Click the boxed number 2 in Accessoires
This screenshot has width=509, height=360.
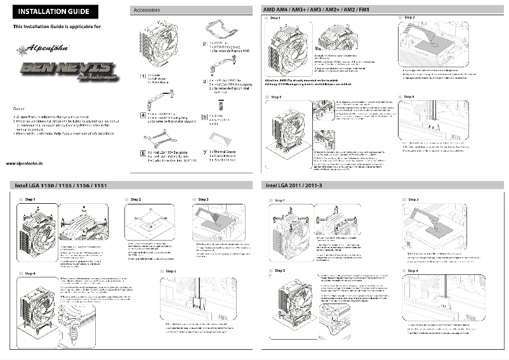click(204, 44)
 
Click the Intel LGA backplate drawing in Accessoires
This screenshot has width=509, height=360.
click(160, 138)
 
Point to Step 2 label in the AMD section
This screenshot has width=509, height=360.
click(409, 17)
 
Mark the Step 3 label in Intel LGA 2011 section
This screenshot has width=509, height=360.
click(279, 270)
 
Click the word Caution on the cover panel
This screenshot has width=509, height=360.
click(19, 109)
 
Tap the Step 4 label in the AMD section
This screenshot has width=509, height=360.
click(409, 97)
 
